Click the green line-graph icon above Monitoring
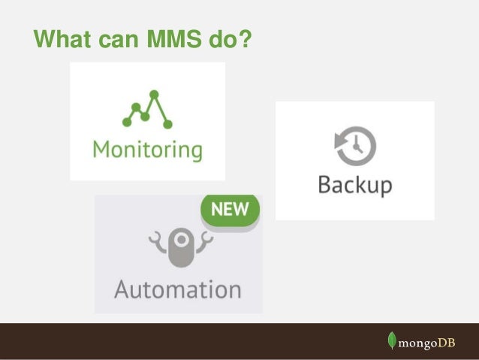coord(147,110)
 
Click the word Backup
coord(354,185)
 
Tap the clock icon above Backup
coord(355,146)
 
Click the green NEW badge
coord(229,211)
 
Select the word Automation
coord(178,289)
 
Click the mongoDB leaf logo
coord(392,340)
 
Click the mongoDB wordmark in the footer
coord(428,342)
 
